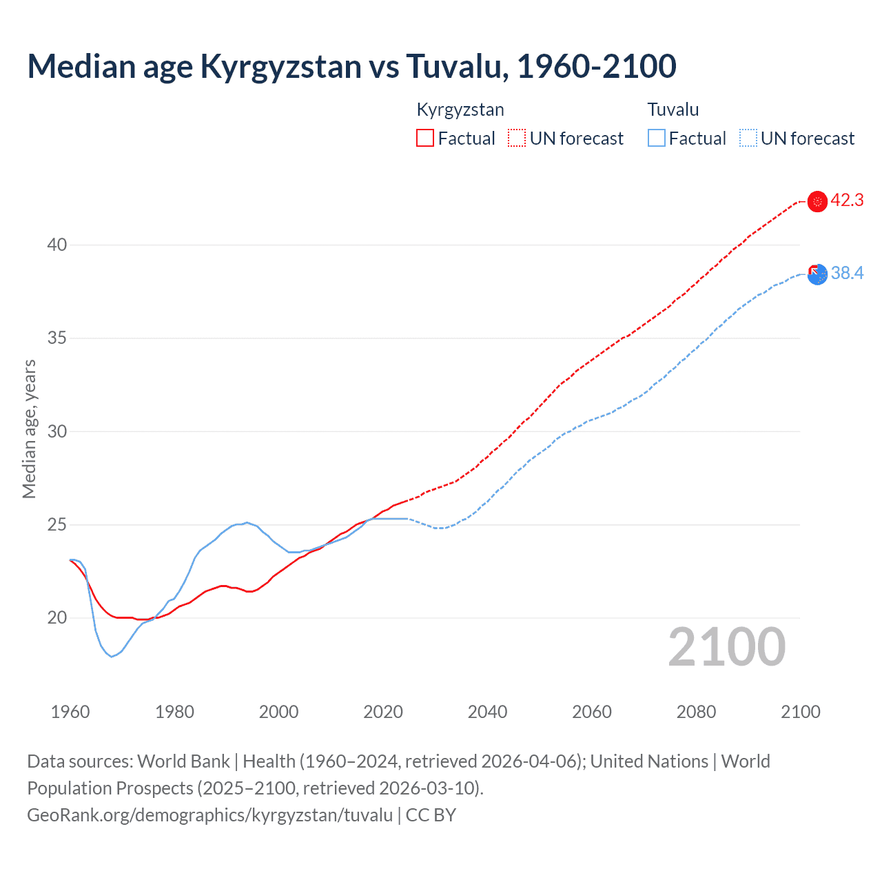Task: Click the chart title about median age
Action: click(x=351, y=66)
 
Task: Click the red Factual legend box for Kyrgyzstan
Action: click(x=425, y=138)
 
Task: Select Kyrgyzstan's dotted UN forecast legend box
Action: click(x=517, y=138)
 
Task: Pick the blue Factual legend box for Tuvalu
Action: click(x=657, y=138)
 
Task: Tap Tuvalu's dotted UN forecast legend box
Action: click(x=748, y=138)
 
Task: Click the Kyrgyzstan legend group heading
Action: click(x=460, y=110)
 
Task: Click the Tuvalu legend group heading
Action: click(x=673, y=110)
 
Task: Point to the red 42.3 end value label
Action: click(x=847, y=201)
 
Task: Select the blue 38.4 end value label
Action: click(x=847, y=274)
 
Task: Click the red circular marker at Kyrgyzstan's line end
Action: click(x=817, y=201)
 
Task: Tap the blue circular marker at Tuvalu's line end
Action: click(x=817, y=274)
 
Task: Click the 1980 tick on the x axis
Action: click(x=174, y=712)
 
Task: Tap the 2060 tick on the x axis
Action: click(x=592, y=712)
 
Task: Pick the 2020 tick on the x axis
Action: click(x=383, y=712)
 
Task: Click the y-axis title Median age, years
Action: click(x=29, y=429)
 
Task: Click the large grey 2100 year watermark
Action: click(x=727, y=646)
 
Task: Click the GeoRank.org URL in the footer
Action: click(x=209, y=815)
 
